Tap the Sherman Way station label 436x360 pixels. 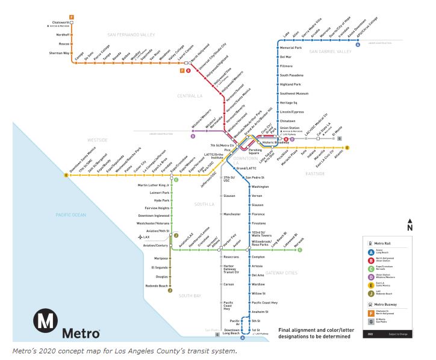point(58,53)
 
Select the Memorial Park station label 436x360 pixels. point(290,48)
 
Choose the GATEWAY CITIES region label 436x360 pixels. point(281,273)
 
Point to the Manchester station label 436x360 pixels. point(232,214)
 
